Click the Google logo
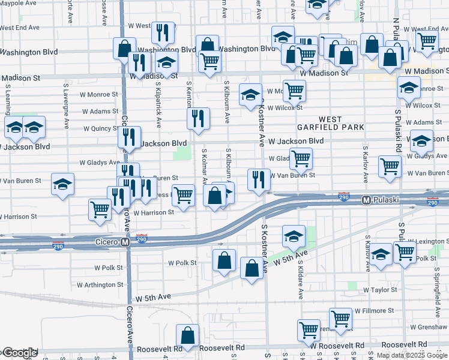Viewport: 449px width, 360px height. [19, 353]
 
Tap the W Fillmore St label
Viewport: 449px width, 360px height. [374, 311]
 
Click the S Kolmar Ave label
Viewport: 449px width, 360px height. [205, 166]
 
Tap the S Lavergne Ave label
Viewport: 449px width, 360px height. [67, 100]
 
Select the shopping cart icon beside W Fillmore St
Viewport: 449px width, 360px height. [341, 319]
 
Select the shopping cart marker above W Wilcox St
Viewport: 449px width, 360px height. [294, 91]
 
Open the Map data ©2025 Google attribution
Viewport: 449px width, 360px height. [412, 355]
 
